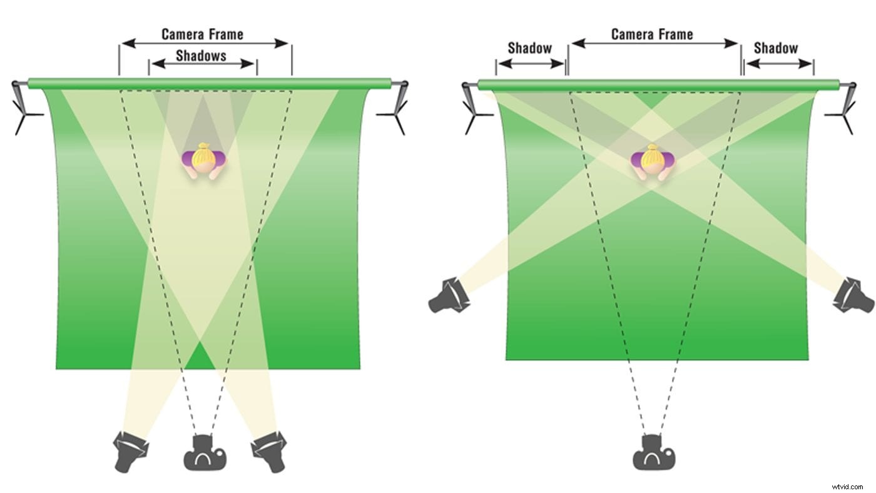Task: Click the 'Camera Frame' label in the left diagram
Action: pos(202,34)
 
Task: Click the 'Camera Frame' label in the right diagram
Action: pos(652,34)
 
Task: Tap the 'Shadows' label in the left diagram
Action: pos(201,56)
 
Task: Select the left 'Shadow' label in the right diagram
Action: pos(529,48)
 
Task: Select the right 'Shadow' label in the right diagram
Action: pos(776,48)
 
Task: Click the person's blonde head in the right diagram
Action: pos(653,158)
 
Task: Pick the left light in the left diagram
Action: pos(131,450)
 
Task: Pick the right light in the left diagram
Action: pos(270,450)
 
